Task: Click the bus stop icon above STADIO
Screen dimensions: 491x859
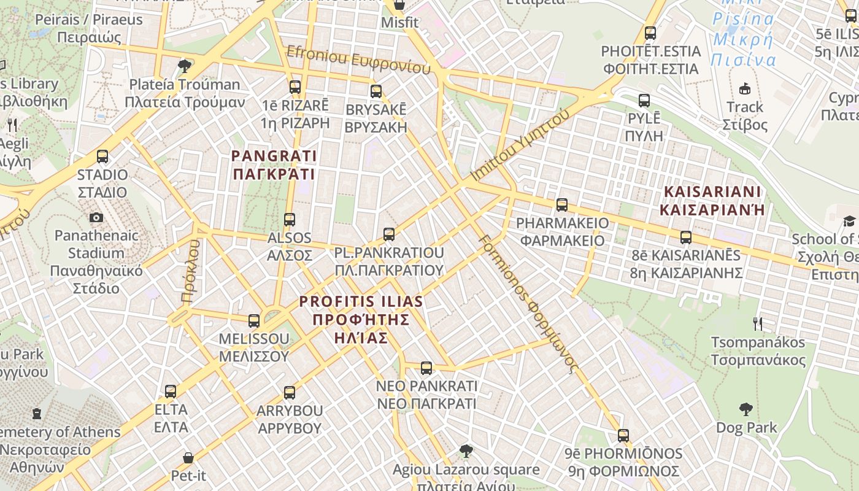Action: [102, 157]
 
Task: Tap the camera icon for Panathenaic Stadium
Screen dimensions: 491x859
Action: [96, 217]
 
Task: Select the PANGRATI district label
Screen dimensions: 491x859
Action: [274, 165]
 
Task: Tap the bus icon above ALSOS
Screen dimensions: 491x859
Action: [290, 219]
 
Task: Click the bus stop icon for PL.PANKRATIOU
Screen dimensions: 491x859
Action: [389, 234]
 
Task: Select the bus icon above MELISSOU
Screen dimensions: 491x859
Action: [254, 320]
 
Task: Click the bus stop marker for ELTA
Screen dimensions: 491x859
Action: [171, 391]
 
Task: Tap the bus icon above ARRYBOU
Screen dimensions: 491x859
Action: [290, 392]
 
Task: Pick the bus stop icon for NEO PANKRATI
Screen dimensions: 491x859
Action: [426, 368]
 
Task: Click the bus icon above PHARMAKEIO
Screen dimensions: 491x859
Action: [562, 205]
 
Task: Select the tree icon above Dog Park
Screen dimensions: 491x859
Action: [746, 409]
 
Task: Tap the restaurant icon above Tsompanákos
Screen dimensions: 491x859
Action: [758, 323]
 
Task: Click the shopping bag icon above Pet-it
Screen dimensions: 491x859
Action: [188, 458]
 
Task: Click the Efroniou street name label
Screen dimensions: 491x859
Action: [358, 60]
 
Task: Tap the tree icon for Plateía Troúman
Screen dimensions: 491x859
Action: [184, 66]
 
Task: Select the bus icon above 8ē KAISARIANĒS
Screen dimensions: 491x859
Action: [686, 237]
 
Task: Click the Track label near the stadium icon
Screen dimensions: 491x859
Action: [745, 107]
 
